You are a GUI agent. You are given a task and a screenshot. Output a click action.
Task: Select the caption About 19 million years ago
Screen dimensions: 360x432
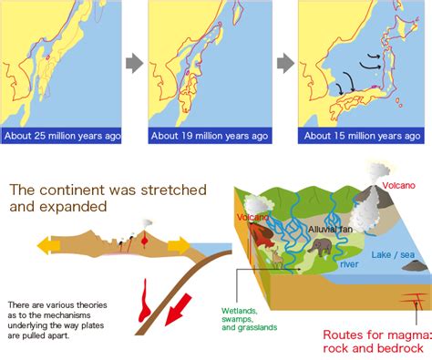pos(211,136)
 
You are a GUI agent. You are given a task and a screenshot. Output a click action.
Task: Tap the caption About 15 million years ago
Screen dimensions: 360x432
pos(362,136)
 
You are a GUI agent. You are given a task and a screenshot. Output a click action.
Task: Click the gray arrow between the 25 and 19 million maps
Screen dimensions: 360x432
pos(133,64)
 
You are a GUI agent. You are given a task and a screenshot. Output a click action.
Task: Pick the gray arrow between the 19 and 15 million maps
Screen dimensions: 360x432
pos(285,64)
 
